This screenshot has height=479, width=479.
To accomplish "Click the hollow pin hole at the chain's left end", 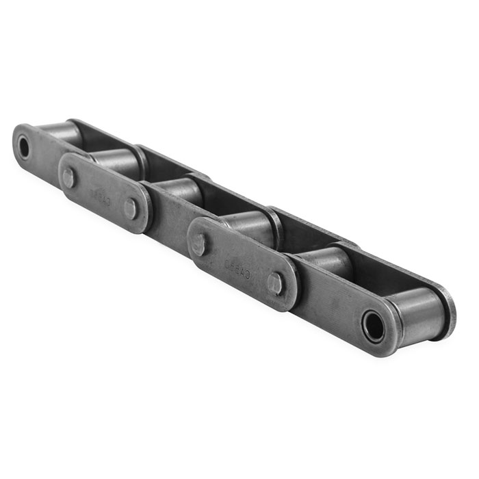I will click(x=24, y=147).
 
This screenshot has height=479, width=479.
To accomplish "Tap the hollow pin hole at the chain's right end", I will click(x=374, y=326).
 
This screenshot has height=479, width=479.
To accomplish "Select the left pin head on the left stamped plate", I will click(x=69, y=177).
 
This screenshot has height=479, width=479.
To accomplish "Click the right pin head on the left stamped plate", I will click(x=131, y=209).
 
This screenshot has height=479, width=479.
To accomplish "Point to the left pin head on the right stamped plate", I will click(x=199, y=244).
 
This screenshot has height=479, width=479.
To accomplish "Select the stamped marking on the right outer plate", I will click(x=236, y=264).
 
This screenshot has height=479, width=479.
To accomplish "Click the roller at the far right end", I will click(x=417, y=307).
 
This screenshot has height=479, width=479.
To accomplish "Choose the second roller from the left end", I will click(x=116, y=161).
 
